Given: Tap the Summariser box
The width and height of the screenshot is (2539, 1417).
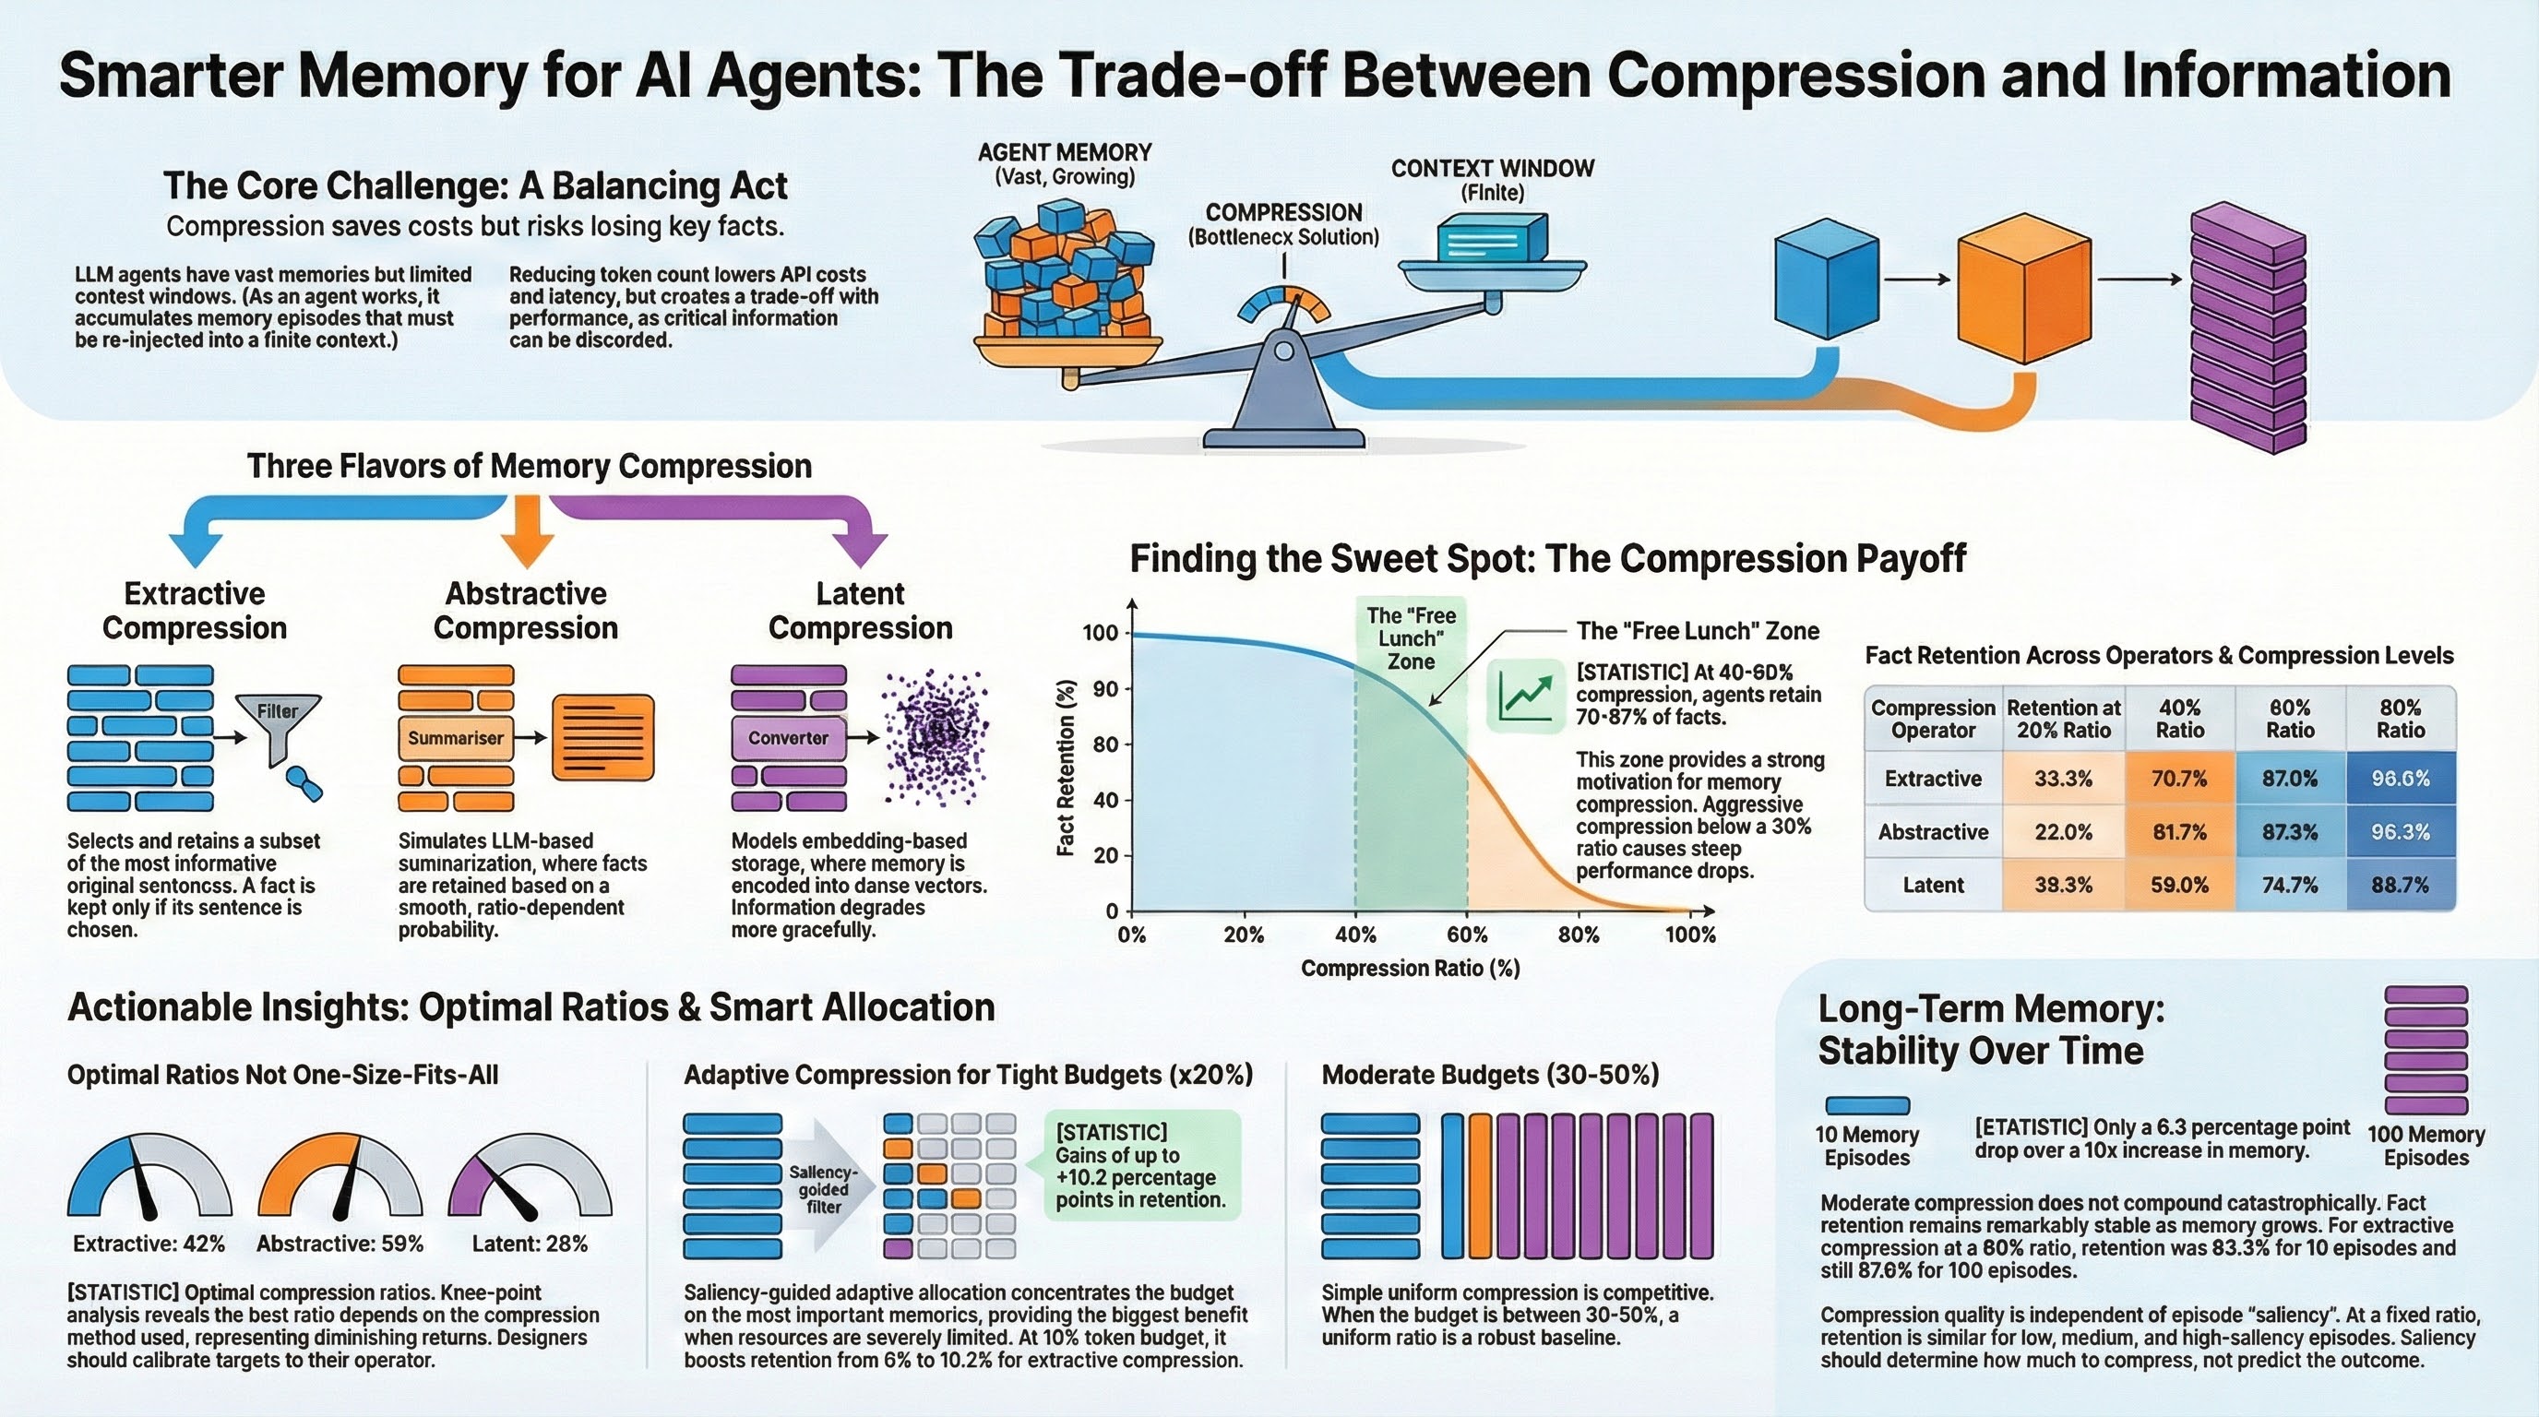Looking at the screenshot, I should pyautogui.click(x=456, y=738).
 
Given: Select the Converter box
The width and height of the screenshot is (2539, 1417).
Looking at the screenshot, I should pyautogui.click(x=788, y=738).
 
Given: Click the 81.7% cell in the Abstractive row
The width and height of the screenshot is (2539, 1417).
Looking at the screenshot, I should pyautogui.click(x=2178, y=832).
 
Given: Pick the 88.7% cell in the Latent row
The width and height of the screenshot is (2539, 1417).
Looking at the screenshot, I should pyautogui.click(x=2399, y=885).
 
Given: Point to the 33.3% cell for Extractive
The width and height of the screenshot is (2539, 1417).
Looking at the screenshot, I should pyautogui.click(x=2063, y=779).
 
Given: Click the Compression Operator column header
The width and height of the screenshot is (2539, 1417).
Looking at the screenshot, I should pyautogui.click(x=1933, y=720).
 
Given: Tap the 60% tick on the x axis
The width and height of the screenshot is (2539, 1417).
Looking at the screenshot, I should pyautogui.click(x=1467, y=935).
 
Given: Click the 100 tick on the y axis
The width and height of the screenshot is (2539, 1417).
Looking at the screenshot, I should pyautogui.click(x=1101, y=633).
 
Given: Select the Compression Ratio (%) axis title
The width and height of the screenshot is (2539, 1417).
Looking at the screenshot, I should pyautogui.click(x=1411, y=969).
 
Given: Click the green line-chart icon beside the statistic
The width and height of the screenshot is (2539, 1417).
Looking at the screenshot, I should pyautogui.click(x=1525, y=696).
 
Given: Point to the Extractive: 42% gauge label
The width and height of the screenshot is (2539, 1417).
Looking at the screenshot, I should pyautogui.click(x=149, y=1244).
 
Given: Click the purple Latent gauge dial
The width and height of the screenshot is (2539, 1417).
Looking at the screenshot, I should pyautogui.click(x=530, y=1177).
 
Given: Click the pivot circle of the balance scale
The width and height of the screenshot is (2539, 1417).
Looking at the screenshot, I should pyautogui.click(x=1282, y=351).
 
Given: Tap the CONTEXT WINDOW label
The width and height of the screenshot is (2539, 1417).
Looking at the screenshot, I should pyautogui.click(x=1492, y=169).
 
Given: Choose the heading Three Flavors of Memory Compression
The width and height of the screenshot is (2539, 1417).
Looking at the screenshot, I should pyautogui.click(x=530, y=466).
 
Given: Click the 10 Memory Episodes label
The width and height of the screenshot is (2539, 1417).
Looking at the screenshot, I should pyautogui.click(x=1866, y=1146).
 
